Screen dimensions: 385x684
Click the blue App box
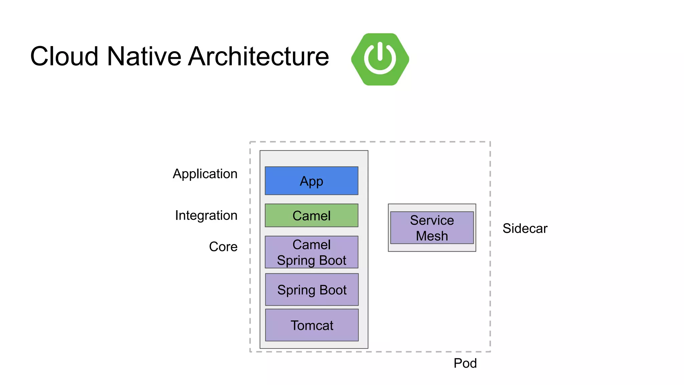[x=311, y=181]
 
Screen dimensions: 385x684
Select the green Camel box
[x=311, y=216]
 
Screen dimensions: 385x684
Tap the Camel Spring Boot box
[x=311, y=252]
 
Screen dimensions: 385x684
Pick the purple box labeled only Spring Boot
[x=312, y=289]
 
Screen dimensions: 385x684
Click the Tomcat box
[x=312, y=325]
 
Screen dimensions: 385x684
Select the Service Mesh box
[x=432, y=228]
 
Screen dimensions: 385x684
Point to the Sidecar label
[x=525, y=229]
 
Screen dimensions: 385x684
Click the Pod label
[x=465, y=363]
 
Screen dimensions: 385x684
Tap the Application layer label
[x=205, y=174]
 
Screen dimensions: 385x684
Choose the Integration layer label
[x=206, y=215]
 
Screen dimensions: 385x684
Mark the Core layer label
[x=223, y=247]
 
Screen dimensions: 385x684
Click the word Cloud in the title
[x=64, y=56]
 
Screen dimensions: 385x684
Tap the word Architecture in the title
[x=259, y=56]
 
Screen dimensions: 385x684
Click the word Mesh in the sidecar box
[x=432, y=236]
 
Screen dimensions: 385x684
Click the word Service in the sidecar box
[x=432, y=220]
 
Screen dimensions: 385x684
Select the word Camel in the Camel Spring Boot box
[x=311, y=245]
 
